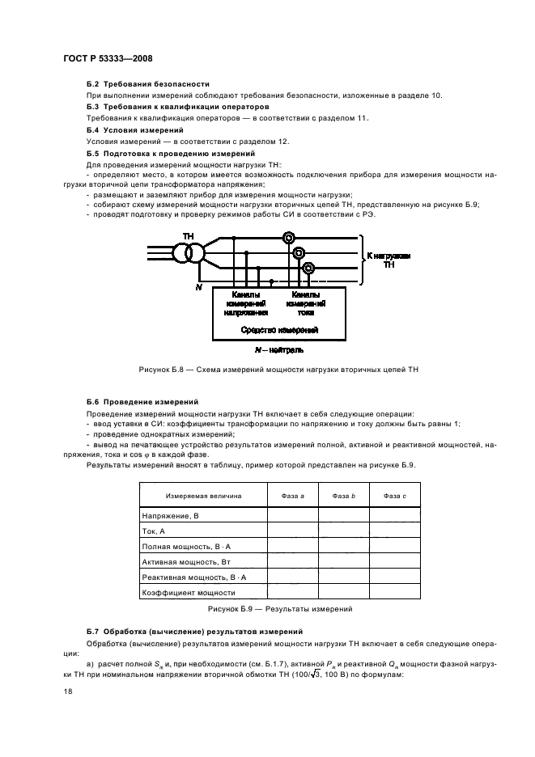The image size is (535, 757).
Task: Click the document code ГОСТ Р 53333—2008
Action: [x=107, y=58]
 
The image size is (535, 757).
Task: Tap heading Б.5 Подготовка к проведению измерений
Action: [x=171, y=153]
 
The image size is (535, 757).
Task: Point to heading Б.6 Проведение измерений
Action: [x=142, y=401]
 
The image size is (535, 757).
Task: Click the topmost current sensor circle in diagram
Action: [x=288, y=238]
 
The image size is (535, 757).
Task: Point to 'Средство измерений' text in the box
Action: [x=280, y=330]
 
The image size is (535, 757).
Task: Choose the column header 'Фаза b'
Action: [x=343, y=495]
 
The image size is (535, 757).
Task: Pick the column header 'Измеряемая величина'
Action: [x=203, y=495]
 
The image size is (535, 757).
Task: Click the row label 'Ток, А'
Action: [x=154, y=531]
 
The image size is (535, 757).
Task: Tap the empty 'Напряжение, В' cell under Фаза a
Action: [x=292, y=514]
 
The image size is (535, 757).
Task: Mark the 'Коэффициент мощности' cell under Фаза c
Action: [x=395, y=593]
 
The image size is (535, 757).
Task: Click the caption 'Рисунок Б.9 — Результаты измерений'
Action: [x=279, y=608]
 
